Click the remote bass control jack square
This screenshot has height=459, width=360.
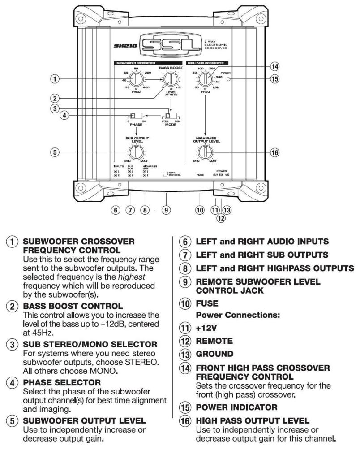coord(165,173)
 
